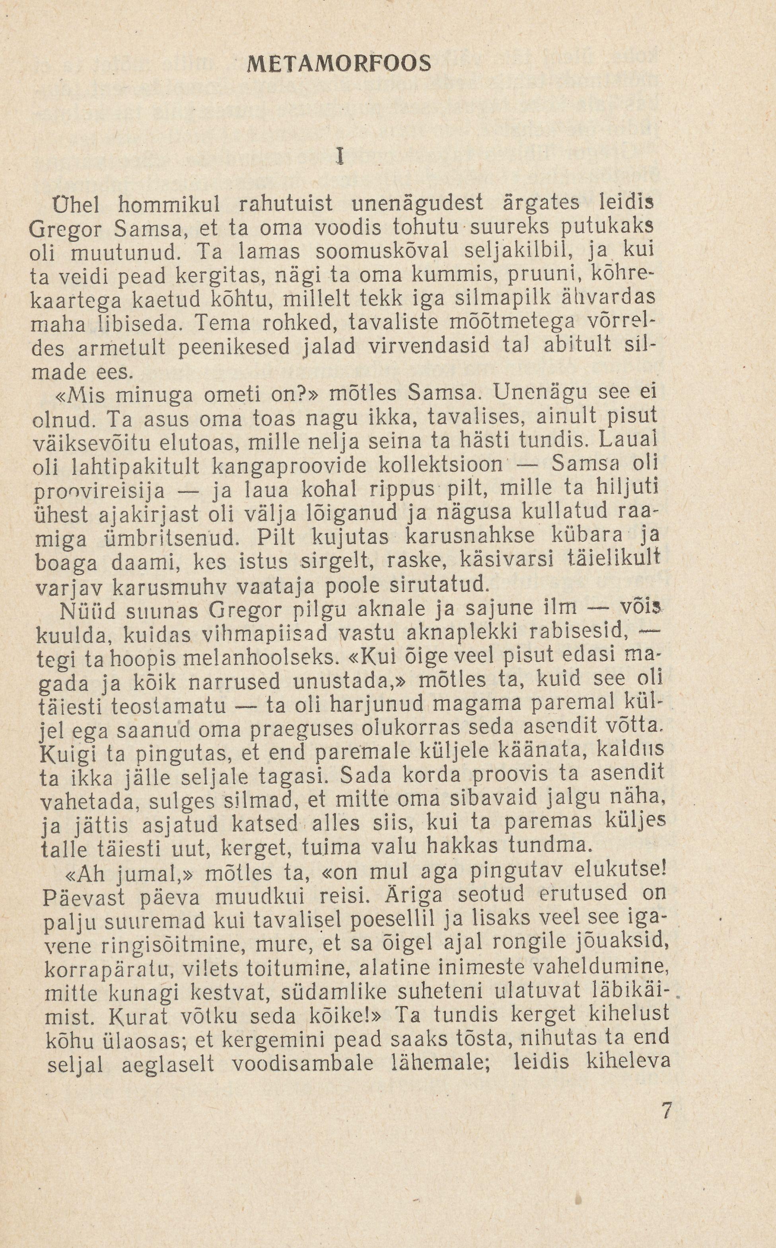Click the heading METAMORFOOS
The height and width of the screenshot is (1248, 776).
339,64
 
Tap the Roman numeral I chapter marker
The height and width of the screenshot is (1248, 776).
339,156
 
